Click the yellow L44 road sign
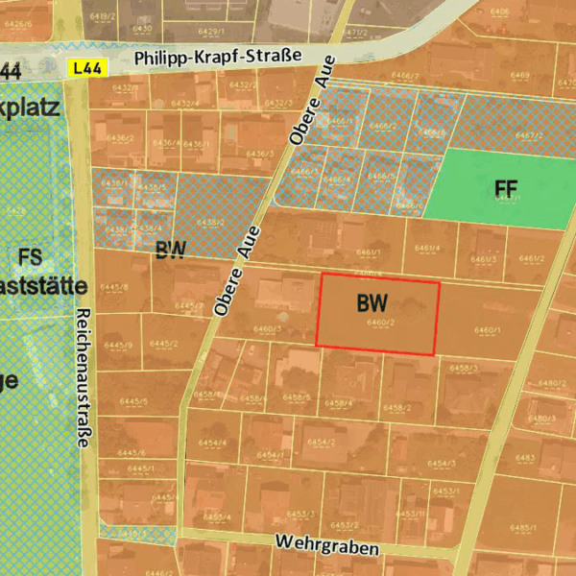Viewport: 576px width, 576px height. click(87, 67)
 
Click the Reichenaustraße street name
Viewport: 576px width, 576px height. click(83, 378)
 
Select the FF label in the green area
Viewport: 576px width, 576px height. click(506, 189)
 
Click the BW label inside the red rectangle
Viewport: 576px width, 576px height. click(372, 303)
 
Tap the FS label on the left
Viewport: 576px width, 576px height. click(30, 256)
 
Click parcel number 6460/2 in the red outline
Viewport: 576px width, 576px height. click(381, 324)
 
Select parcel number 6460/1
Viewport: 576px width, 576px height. click(488, 331)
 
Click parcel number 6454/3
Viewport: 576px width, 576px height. click(441, 464)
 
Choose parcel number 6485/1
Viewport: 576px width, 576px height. click(523, 527)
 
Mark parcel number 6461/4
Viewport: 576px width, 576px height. click(427, 249)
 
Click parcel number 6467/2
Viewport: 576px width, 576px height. click(529, 135)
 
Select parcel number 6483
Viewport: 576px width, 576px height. click(525, 458)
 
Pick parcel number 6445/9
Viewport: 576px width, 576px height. click(118, 345)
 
